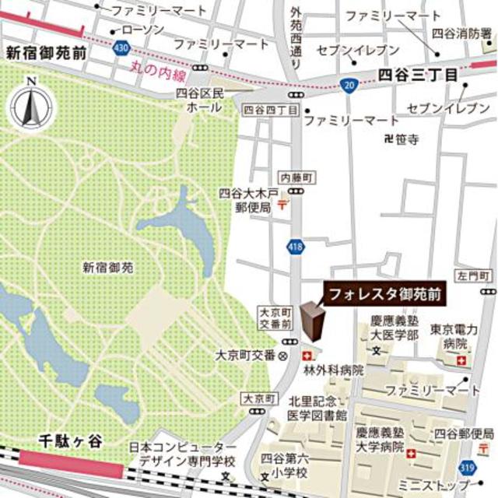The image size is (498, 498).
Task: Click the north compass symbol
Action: click(30, 103)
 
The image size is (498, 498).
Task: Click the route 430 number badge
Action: click(120, 48)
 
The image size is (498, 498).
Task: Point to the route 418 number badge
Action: click(299, 247)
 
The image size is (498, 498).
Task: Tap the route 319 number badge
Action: click(467, 466)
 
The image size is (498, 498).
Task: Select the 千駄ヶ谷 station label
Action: click(71, 440)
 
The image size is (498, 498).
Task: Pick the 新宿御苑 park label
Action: click(108, 268)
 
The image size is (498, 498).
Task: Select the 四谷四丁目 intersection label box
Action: click(270, 110)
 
